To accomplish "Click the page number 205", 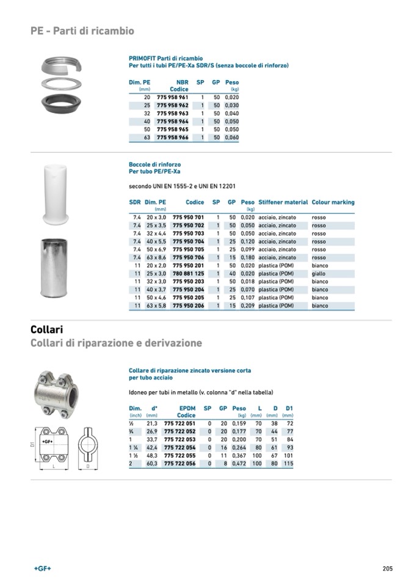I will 387,568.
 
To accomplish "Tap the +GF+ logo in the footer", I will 42,568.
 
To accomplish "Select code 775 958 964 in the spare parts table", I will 173,122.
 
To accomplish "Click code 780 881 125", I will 188,274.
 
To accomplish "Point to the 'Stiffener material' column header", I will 283,202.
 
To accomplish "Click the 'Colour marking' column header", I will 333,202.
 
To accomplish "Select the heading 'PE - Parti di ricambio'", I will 82,31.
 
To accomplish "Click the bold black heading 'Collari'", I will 47,330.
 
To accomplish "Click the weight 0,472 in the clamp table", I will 239,464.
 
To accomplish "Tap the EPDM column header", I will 187,408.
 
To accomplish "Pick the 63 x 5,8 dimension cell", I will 157,306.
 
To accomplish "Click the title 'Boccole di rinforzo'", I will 154,164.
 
